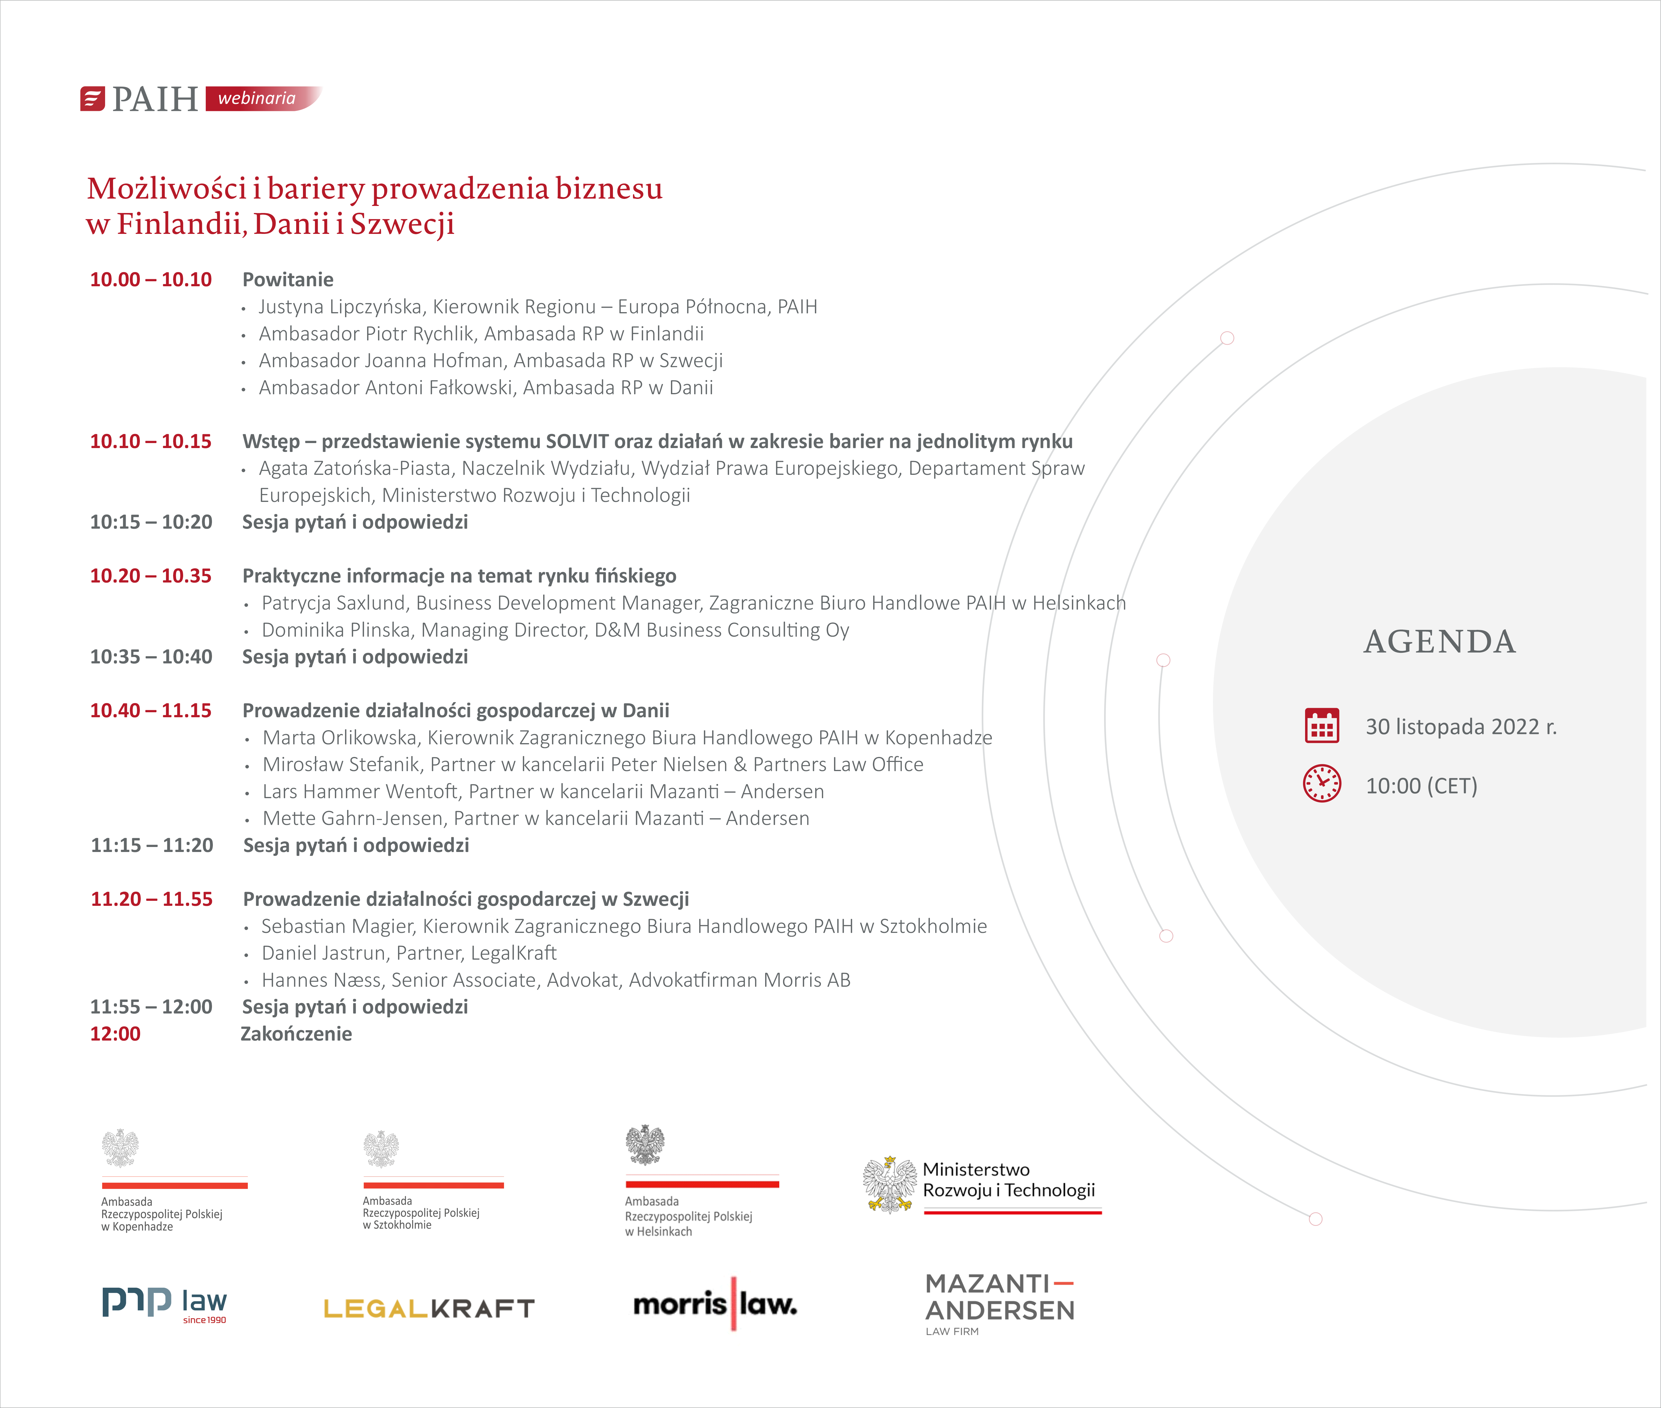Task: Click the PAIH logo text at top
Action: point(155,99)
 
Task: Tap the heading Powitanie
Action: point(287,279)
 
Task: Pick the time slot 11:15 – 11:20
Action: point(152,845)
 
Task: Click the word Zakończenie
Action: point(296,1034)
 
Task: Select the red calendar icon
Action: point(1322,725)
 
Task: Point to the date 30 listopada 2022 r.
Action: point(1461,726)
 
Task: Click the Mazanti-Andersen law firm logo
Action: point(999,1303)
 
